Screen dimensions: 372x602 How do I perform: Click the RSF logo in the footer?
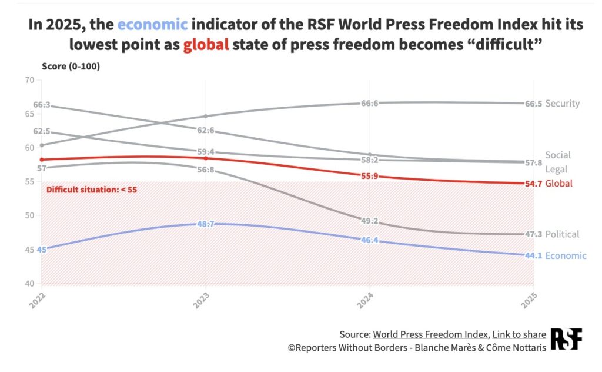coord(566,340)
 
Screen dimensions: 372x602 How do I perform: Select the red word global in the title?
coord(205,44)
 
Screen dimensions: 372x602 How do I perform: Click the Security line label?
coord(562,104)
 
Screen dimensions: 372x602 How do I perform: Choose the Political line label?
coord(562,234)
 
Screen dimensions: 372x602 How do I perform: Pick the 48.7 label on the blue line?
coord(205,225)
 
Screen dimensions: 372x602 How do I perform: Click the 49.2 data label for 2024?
coord(369,221)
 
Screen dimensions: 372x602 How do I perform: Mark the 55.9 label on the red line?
coord(369,176)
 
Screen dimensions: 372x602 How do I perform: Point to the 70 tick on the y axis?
coord(29,79)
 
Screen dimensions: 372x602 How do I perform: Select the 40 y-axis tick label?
coord(29,284)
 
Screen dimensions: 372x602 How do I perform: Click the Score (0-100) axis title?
coord(71,66)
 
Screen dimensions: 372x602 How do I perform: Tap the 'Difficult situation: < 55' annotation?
coord(92,190)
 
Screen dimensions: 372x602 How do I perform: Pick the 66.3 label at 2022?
coord(42,105)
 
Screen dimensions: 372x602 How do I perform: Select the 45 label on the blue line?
coord(41,250)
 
